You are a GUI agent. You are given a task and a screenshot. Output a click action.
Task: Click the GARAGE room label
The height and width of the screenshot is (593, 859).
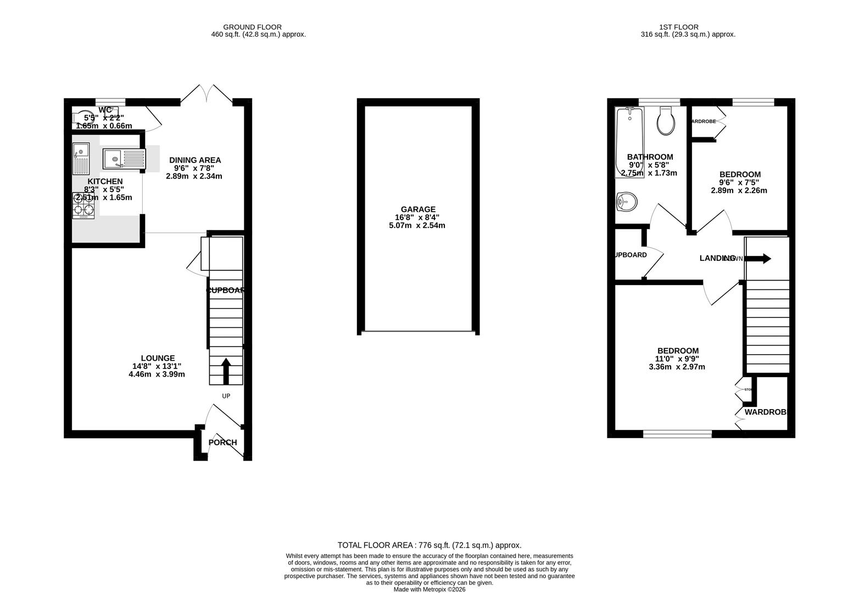click(418, 209)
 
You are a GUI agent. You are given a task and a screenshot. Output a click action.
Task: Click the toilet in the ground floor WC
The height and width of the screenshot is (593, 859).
click(80, 118)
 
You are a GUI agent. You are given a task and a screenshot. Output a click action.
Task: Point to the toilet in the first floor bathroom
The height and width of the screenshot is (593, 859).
click(666, 121)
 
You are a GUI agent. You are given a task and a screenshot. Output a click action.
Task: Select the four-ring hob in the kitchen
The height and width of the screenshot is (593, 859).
click(83, 205)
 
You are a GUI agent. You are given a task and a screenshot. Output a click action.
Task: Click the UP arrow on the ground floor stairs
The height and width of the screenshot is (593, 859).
click(226, 371)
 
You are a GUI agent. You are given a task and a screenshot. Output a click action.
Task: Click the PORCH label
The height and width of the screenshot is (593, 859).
click(222, 443)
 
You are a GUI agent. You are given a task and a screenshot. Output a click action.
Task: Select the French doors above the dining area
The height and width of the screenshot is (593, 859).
click(206, 94)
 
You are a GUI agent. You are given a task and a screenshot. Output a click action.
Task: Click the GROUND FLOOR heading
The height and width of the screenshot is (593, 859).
click(252, 27)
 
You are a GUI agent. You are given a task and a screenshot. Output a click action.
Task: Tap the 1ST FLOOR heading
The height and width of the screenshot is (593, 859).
click(679, 27)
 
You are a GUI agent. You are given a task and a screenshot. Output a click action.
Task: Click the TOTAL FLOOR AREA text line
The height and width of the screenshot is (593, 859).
click(429, 545)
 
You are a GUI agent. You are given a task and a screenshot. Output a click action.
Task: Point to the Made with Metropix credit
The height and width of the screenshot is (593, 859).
click(429, 590)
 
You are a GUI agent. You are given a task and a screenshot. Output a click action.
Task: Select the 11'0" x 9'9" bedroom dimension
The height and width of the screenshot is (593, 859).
click(678, 359)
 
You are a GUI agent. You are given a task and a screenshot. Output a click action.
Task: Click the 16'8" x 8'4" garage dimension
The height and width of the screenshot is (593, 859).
click(417, 217)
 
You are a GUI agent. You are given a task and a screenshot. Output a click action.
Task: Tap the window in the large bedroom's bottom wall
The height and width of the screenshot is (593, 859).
click(677, 434)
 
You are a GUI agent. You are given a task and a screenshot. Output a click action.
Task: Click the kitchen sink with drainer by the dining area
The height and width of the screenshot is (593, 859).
click(124, 159)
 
